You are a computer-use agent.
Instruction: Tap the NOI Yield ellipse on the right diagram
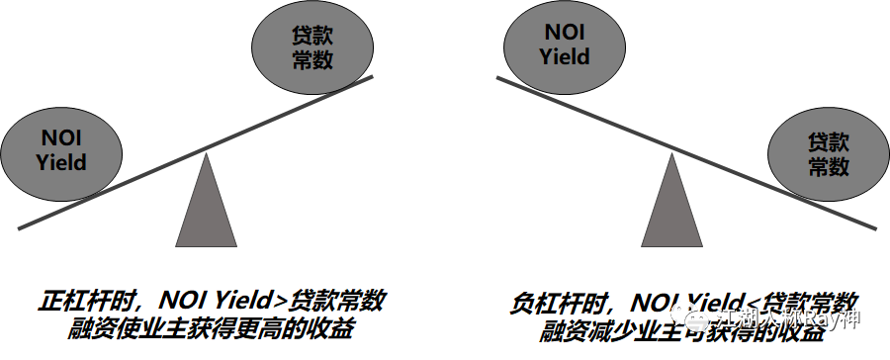565,44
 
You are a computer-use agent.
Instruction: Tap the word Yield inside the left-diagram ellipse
61,162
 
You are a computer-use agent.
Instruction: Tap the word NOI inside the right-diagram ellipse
565,32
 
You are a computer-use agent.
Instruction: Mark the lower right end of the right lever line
876,226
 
